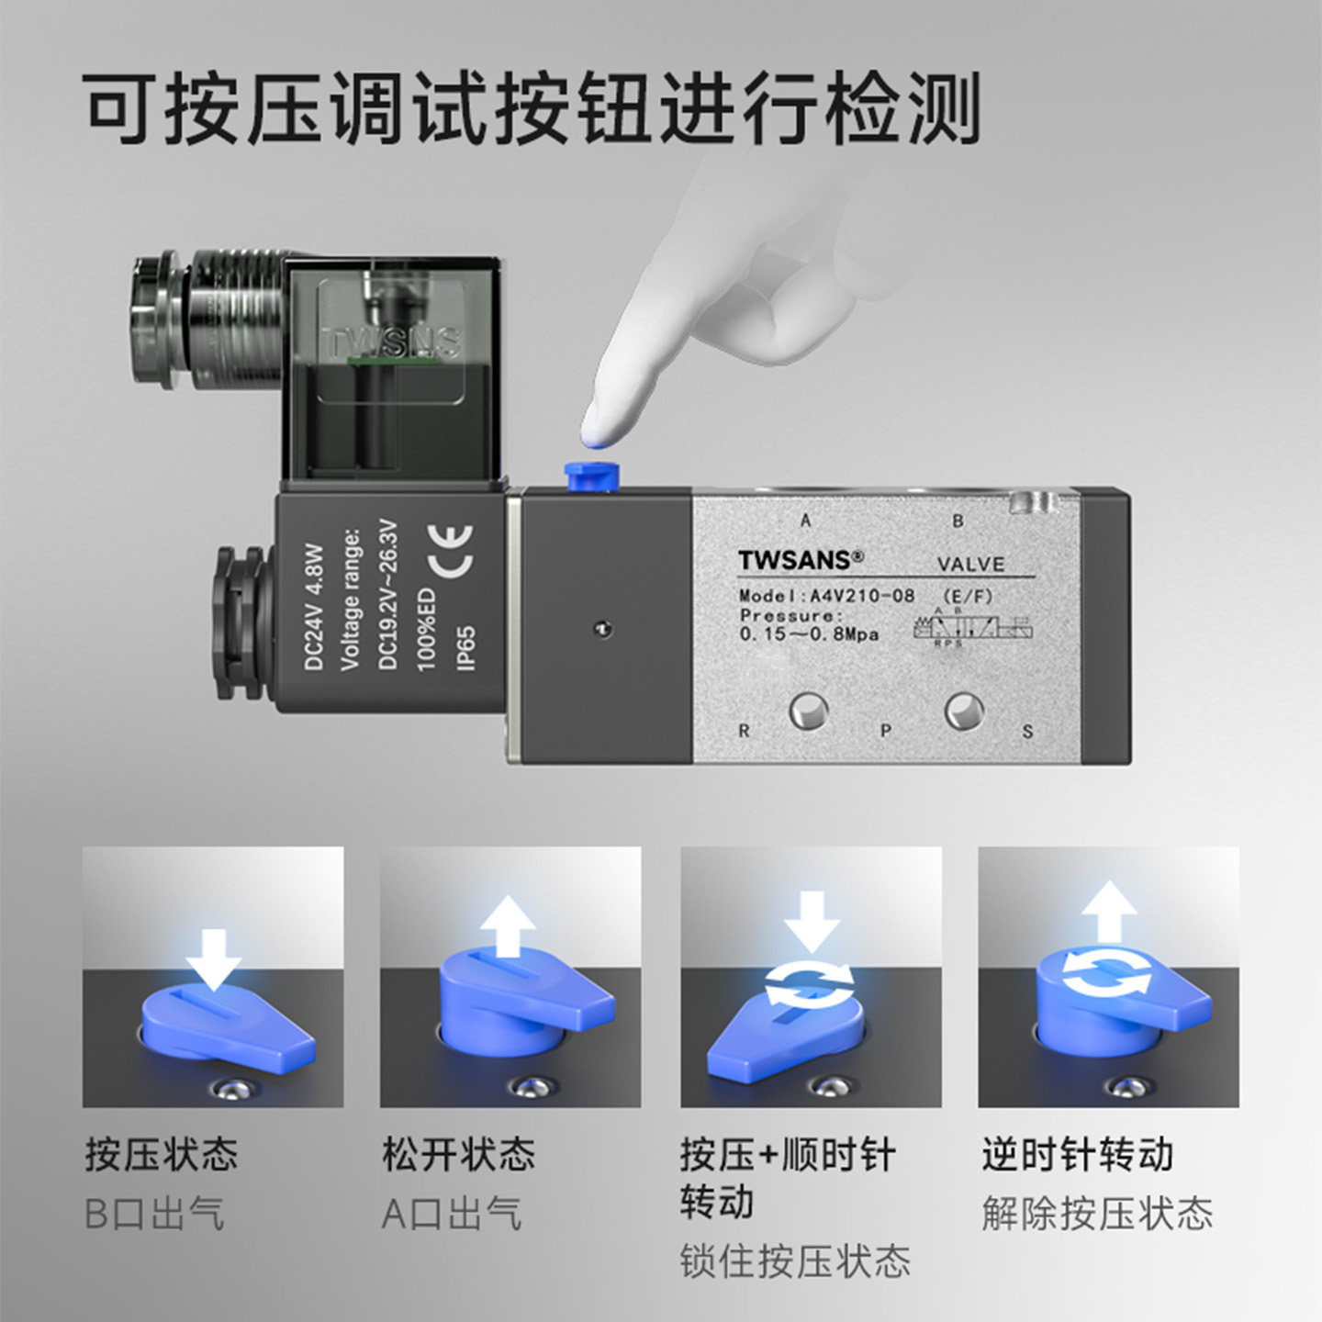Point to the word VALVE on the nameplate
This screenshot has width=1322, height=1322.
(x=970, y=564)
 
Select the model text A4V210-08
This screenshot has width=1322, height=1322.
(x=861, y=595)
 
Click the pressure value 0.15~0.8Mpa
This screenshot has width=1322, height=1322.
(x=809, y=634)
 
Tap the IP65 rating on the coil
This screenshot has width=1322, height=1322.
(x=465, y=648)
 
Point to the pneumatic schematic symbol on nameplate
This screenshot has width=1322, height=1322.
(x=973, y=629)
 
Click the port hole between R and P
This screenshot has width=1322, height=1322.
(x=809, y=711)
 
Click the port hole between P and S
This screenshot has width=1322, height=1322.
(x=964, y=710)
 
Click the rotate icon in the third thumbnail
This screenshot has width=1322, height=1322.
(x=811, y=984)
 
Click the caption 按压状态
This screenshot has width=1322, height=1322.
(x=162, y=1154)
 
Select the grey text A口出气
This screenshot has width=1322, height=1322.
(x=452, y=1214)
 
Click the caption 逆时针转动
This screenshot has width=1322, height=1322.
(x=1078, y=1154)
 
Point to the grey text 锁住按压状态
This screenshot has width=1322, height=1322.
(x=795, y=1261)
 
